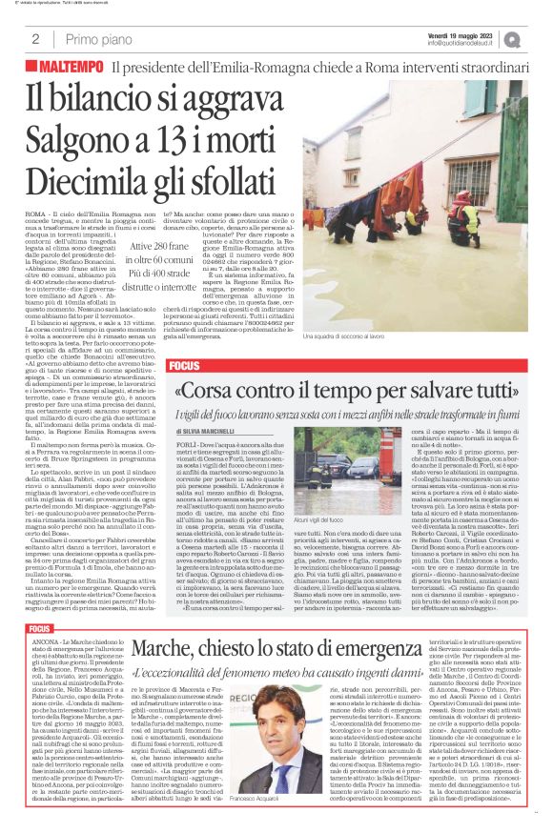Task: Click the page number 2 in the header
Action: (35, 40)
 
